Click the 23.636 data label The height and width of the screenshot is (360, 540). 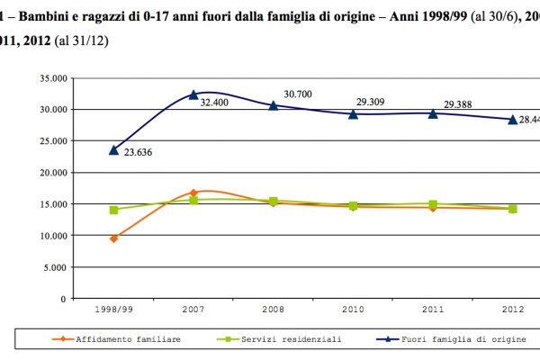coord(138,152)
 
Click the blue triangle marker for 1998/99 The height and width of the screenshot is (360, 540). coord(114,149)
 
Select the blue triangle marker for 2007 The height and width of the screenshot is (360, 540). coord(193,94)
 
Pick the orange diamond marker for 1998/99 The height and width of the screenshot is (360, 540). coord(114,238)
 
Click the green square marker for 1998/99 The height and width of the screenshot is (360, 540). coord(114,210)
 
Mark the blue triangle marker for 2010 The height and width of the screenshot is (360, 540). coord(353,113)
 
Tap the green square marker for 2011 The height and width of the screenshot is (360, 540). coord(433,204)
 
